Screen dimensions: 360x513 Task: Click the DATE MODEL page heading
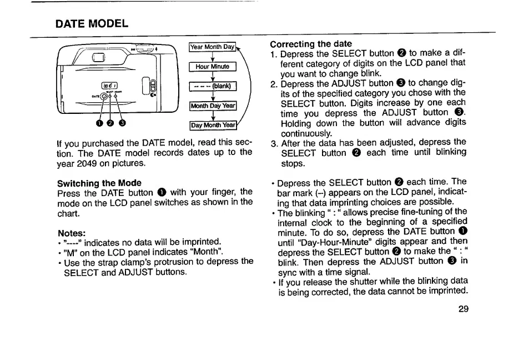pyautogui.click(x=92, y=23)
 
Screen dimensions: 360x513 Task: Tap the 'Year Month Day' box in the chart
pyautogui.click(x=213, y=47)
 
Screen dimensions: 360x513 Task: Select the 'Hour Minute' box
pyautogui.click(x=213, y=67)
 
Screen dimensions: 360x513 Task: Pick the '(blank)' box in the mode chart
pyautogui.click(x=213, y=86)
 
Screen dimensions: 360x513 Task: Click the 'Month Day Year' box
pyautogui.click(x=213, y=106)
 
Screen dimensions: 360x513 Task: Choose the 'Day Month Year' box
pyautogui.click(x=213, y=125)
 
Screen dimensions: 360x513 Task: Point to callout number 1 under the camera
pyautogui.click(x=99, y=123)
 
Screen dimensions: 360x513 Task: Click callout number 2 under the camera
pyautogui.click(x=110, y=123)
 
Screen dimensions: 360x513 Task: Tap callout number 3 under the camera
pyautogui.click(x=122, y=123)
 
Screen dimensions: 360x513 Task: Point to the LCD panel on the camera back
pyautogui.click(x=108, y=86)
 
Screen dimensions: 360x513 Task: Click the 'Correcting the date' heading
pyautogui.click(x=310, y=44)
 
